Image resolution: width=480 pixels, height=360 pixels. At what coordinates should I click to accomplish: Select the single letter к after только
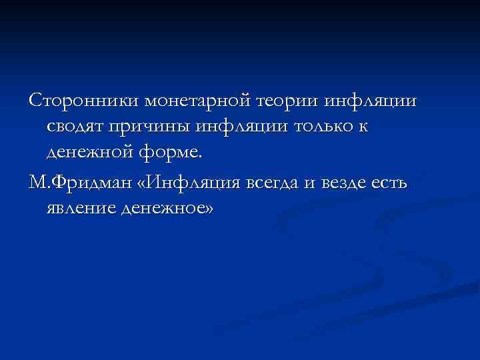click(x=362, y=127)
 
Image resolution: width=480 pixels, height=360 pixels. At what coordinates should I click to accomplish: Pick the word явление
click(x=81, y=209)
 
